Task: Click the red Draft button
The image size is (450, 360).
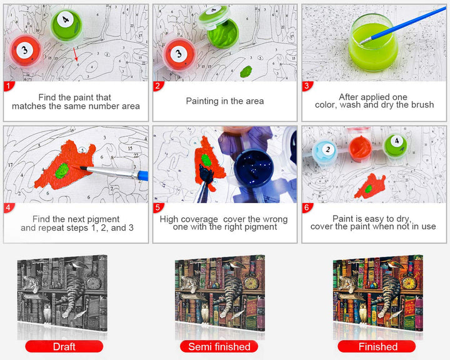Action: [64, 346]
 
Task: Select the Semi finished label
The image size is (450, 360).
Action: [219, 346]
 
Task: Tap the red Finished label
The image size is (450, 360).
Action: [376, 346]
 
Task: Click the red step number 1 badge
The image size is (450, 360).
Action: [8, 86]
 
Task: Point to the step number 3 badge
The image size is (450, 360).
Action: [307, 86]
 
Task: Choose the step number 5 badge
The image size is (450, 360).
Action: [157, 207]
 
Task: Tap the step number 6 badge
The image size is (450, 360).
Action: [307, 207]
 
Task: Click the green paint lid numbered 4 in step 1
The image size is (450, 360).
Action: [66, 25]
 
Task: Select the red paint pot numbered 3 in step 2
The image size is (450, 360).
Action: [179, 54]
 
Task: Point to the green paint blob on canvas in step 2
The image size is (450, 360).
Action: [246, 71]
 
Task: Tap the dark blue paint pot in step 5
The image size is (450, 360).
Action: [253, 169]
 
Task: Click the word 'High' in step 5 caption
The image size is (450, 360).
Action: [169, 219]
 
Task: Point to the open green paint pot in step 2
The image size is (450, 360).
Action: [223, 32]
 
